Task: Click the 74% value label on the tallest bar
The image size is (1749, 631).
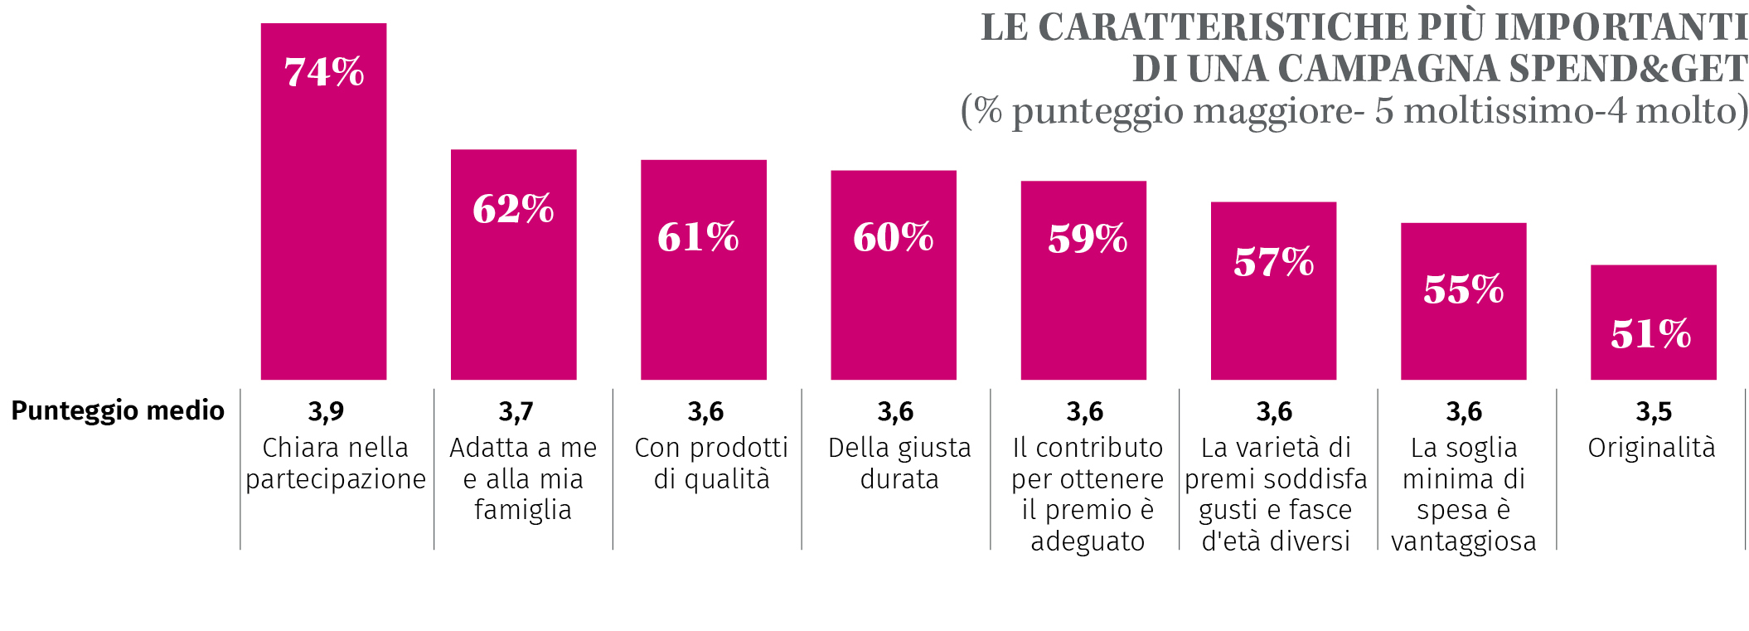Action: (x=324, y=72)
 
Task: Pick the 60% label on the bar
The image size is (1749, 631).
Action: (x=894, y=237)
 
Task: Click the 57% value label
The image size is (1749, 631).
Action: (x=1273, y=262)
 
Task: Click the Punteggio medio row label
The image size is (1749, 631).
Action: (x=118, y=410)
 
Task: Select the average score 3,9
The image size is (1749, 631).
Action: (x=326, y=411)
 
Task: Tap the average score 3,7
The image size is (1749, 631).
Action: (x=516, y=411)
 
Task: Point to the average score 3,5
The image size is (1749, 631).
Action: (x=1654, y=411)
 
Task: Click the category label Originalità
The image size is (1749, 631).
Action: (x=1651, y=448)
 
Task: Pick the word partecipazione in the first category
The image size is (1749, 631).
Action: (x=336, y=480)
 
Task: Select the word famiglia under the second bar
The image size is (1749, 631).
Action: (x=523, y=510)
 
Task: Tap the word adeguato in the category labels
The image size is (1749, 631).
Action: (x=1088, y=541)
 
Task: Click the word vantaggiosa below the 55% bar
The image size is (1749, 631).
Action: (x=1464, y=541)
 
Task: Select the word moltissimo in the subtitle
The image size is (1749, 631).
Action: (x=1489, y=111)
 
